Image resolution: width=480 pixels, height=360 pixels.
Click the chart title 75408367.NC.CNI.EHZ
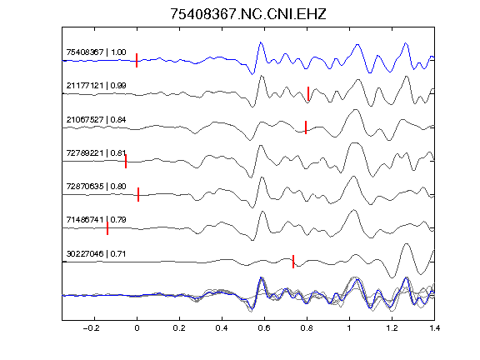tap(248, 14)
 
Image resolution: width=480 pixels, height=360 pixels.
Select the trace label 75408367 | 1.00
tap(96, 52)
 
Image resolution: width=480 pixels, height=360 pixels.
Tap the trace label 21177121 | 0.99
tap(96, 85)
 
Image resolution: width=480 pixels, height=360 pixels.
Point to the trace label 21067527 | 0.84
tap(96, 119)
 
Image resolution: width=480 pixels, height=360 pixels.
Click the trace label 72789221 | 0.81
tap(96, 152)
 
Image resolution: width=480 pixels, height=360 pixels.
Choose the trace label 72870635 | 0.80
tap(96, 186)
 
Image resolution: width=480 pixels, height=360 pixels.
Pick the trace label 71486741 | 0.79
tap(96, 220)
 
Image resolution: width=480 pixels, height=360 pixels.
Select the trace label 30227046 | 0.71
tap(96, 254)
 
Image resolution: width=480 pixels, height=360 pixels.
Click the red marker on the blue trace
tap(137, 60)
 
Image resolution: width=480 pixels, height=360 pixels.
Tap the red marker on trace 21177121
tap(308, 93)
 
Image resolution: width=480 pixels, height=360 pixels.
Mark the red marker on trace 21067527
tap(306, 127)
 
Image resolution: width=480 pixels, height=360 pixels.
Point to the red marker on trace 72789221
tap(126, 162)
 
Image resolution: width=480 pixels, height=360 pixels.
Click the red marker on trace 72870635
tap(138, 194)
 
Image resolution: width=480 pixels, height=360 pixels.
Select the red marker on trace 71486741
tap(107, 228)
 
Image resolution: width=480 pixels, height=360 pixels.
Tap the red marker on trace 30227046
tap(293, 262)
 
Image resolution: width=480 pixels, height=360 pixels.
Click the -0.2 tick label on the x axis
tap(92, 328)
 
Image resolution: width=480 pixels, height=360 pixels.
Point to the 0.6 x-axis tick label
tap(264, 328)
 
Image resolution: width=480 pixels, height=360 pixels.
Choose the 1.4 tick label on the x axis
tap(434, 328)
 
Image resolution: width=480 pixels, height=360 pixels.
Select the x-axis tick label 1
tap(349, 328)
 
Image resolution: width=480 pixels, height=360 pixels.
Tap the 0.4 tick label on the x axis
tap(222, 328)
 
